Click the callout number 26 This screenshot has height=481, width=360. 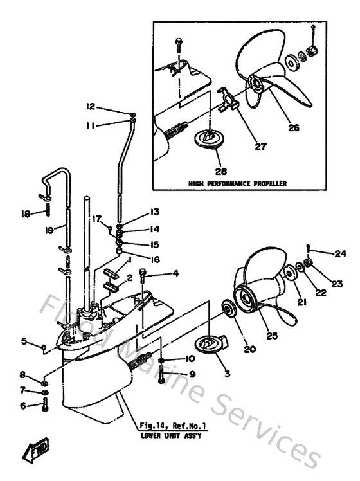(x=293, y=128)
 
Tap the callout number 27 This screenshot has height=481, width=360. (x=260, y=147)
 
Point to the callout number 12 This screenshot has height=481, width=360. (x=91, y=106)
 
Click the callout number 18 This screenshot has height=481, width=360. (x=26, y=213)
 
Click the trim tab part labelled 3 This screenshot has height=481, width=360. (x=208, y=345)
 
